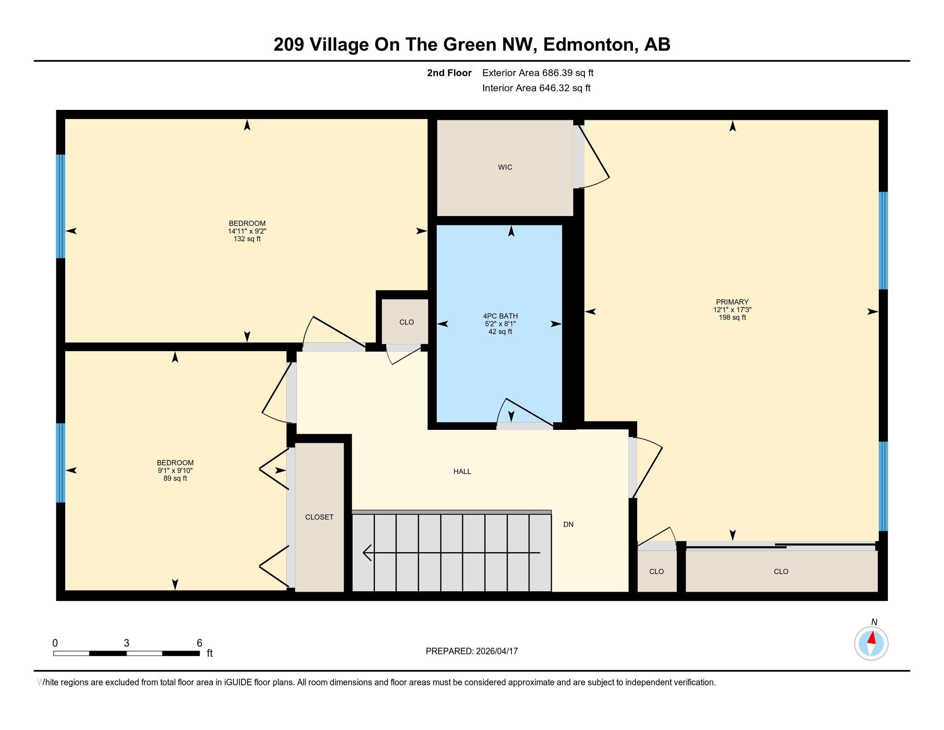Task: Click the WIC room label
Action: point(505,167)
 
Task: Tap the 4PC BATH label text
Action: point(500,316)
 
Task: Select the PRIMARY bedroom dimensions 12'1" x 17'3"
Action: point(732,310)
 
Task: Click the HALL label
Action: point(462,471)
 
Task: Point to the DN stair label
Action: point(568,524)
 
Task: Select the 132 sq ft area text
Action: point(247,239)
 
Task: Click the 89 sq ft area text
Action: point(175,478)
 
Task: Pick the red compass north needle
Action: point(872,638)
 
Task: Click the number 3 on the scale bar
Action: point(126,643)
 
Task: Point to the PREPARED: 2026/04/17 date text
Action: point(472,651)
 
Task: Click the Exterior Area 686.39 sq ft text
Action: point(538,73)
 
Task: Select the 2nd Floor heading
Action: point(449,73)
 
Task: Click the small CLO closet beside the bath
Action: point(406,322)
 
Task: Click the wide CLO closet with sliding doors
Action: point(781,571)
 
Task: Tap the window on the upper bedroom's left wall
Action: point(61,206)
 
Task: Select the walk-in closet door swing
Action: point(594,160)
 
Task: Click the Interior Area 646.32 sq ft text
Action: point(536,88)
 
